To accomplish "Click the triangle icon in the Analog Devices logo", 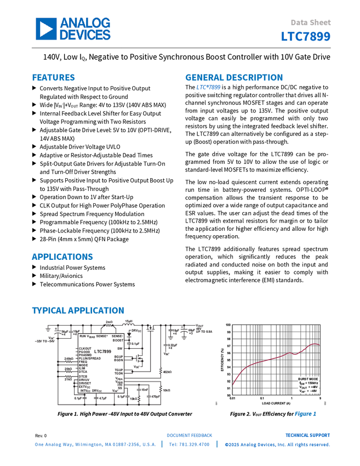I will (x=47, y=29).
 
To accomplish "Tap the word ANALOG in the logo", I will (x=85, y=23).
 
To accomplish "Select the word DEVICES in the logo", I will (x=85, y=35).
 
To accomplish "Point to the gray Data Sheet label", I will (x=311, y=23).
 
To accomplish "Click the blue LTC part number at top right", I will (x=306, y=37).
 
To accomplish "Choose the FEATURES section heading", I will (x=53, y=78).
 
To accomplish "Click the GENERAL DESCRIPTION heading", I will (x=233, y=78).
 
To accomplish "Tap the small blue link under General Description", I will (x=208, y=87).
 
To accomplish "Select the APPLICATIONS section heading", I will (x=62, y=257).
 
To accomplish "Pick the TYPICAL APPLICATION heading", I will (x=77, y=311).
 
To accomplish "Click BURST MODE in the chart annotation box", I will (x=308, y=379).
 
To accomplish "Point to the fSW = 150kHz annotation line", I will (x=308, y=383).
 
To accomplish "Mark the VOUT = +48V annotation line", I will (x=308, y=388).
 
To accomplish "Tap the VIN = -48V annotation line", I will (x=308, y=392).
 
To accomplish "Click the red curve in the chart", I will (x=274, y=356).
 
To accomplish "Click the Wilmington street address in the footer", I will (x=95, y=445).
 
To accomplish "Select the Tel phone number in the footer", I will (x=189, y=445).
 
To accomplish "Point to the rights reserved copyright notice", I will (x=277, y=445).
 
